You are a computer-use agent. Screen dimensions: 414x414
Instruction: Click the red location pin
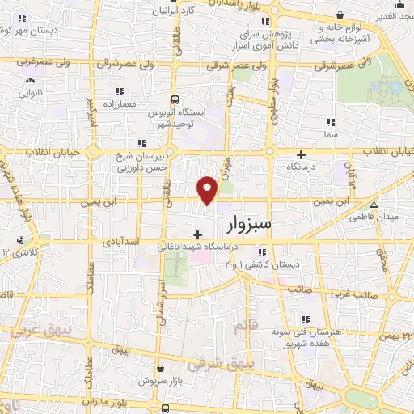point(208,188)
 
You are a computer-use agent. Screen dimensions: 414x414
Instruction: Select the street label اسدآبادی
point(122,241)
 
